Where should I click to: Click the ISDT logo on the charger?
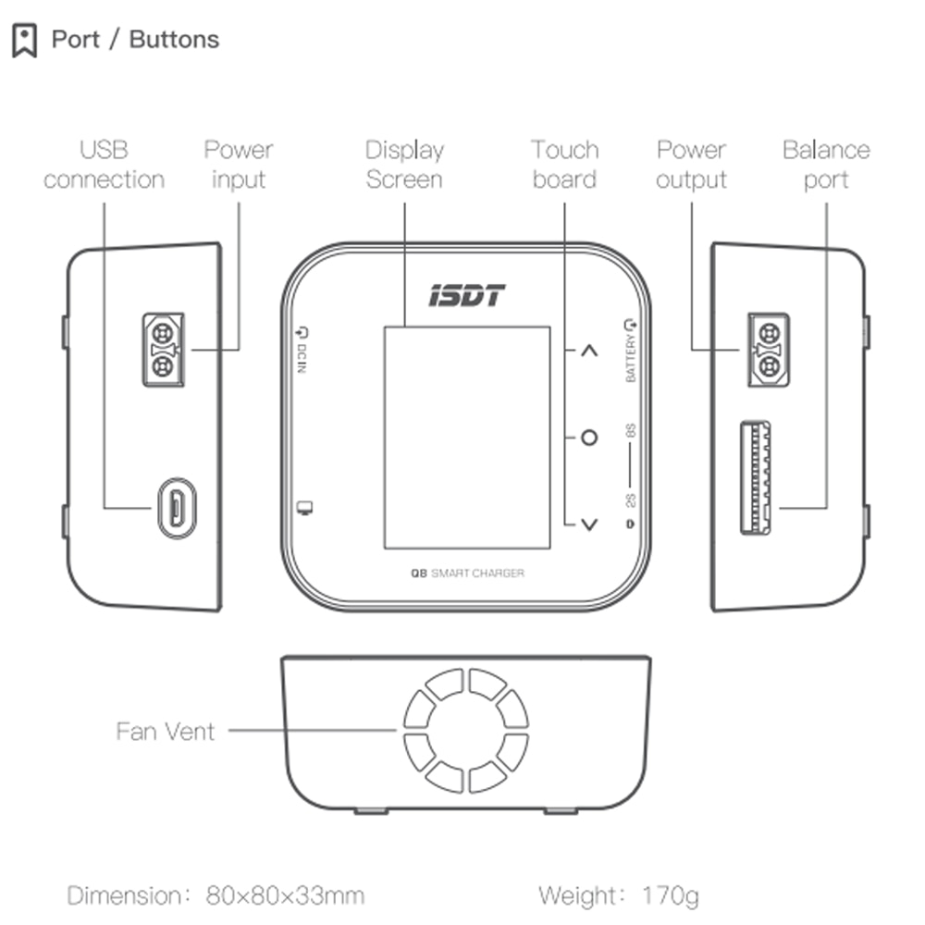click(x=467, y=296)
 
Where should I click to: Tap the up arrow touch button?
click(x=589, y=351)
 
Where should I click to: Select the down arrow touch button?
click(x=589, y=524)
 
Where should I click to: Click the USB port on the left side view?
click(x=176, y=507)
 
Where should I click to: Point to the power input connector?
click(x=163, y=350)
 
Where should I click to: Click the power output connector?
click(x=767, y=350)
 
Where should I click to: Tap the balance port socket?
click(x=756, y=478)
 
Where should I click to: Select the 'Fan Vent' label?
click(x=166, y=732)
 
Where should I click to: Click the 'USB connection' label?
click(x=104, y=165)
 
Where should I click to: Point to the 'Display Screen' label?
click(x=404, y=165)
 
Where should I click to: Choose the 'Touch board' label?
click(x=564, y=165)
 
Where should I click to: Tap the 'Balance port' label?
click(x=826, y=165)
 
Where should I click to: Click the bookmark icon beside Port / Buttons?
click(x=24, y=41)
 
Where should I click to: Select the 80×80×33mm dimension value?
click(x=285, y=895)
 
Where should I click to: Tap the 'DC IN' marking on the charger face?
click(x=302, y=352)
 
